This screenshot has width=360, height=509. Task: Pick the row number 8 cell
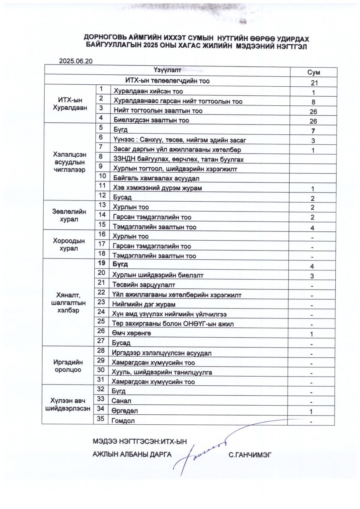[102, 157]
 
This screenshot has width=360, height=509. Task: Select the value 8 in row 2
[313, 101]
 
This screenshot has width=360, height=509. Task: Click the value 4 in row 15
[313, 228]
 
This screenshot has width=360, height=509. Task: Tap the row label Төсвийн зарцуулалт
[144, 285]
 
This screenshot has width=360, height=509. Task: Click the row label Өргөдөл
[125, 411]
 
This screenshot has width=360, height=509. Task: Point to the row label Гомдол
[125, 420]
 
